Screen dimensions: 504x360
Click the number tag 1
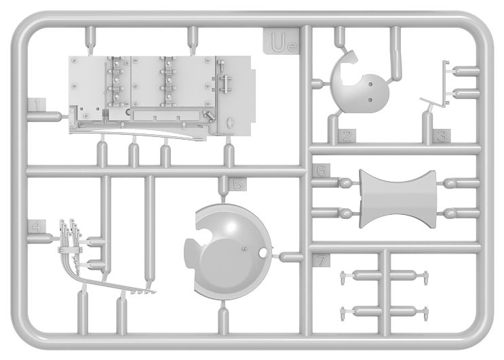(37, 105)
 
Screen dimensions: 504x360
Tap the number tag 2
(347, 136)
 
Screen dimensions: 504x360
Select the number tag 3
(442, 136)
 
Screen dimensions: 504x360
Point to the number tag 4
(37, 226)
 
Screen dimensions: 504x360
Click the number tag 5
(238, 184)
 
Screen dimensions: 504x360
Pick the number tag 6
(322, 170)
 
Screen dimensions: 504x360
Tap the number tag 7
(322, 260)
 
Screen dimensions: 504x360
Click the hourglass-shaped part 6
(398, 199)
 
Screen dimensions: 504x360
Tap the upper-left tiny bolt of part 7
(343, 277)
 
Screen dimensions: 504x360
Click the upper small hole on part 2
(370, 85)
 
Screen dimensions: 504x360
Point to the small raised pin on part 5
(244, 248)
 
